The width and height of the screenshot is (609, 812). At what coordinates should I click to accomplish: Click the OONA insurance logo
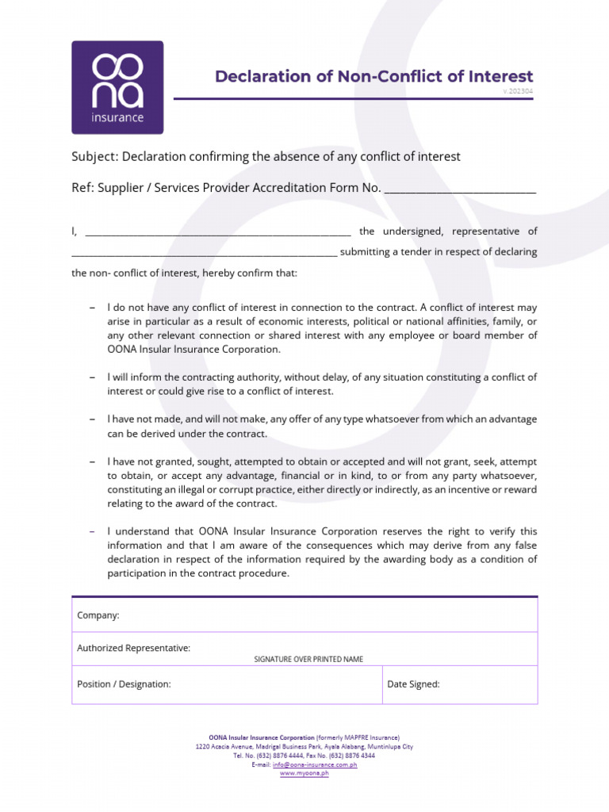117,87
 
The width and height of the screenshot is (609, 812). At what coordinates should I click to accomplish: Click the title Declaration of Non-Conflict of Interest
374,77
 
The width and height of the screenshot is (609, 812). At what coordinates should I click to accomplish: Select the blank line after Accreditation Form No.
460,190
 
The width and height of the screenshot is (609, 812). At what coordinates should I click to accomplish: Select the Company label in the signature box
98,615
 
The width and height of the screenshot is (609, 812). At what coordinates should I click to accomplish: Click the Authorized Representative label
133,648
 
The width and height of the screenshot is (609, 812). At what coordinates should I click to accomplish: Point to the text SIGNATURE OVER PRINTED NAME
308,659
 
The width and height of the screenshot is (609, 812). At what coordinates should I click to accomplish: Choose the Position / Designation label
124,684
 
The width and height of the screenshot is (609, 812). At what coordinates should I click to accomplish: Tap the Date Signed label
413,684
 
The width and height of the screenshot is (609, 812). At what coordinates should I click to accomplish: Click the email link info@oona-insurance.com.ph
315,765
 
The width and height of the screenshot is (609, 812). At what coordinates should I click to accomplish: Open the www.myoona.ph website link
304,774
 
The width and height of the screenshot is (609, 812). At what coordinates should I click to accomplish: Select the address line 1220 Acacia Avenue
304,747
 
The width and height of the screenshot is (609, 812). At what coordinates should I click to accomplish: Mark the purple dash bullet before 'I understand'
93,531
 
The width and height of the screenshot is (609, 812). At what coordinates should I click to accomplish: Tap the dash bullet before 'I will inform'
93,377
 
